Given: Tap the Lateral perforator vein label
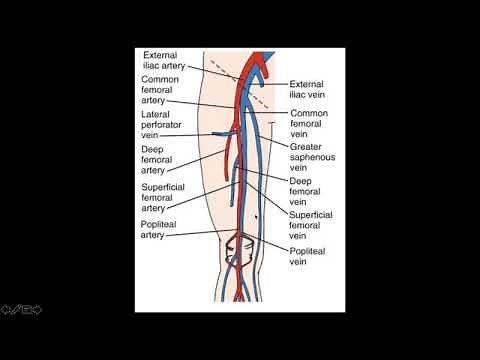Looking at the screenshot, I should (161, 126).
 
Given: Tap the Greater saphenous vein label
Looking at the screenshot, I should (313, 158).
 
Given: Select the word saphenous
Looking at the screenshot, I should (313, 157).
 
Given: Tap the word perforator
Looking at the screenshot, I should (165, 126).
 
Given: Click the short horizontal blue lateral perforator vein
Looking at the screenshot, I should (221, 133).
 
